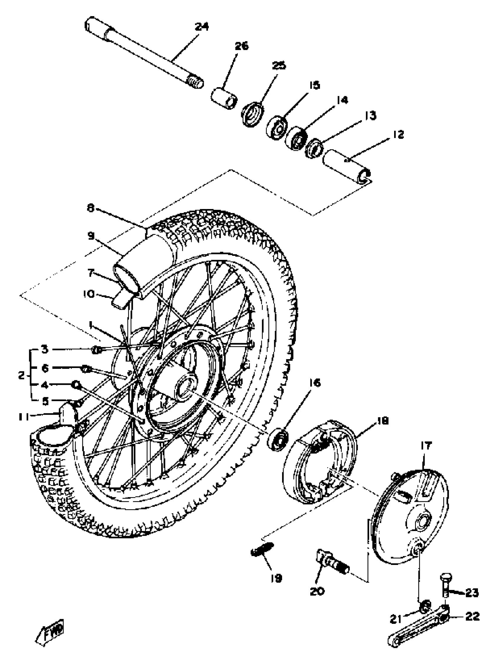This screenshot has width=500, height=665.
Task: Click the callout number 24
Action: tap(202, 27)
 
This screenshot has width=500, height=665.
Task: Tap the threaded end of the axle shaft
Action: tap(195, 82)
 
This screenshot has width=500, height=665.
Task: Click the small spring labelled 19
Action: tap(261, 551)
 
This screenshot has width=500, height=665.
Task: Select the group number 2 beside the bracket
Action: tap(21, 375)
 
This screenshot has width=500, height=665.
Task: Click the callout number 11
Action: tap(24, 417)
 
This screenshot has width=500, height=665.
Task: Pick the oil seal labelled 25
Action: tap(253, 114)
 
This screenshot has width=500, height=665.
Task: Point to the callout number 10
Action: tap(89, 293)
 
